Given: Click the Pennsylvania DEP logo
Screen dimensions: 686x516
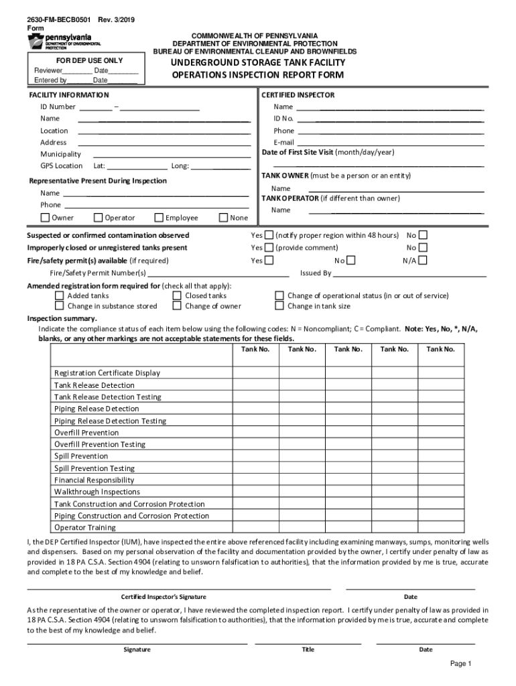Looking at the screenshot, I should coord(64,42).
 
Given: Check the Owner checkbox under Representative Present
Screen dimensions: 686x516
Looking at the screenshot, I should coord(45,218).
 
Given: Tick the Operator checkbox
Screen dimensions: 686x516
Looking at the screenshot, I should coord(98,218).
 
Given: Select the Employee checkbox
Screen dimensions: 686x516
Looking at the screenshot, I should coord(159,218).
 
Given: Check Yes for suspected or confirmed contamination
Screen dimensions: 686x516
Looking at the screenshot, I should coord(269,236).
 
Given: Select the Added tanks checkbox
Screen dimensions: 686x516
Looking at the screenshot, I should coord(59,295).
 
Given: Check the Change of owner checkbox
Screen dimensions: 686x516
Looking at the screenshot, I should coord(177,306).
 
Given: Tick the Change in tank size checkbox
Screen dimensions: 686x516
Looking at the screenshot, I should coord(279,306).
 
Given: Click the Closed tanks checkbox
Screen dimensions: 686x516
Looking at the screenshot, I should coord(177,295).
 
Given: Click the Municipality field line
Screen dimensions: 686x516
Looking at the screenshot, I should coord(164,155).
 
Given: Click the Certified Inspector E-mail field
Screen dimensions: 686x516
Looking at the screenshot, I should coord(390,143).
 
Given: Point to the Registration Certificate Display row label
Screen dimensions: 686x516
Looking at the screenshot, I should coord(107,373).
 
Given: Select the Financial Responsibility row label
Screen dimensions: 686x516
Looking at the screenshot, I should coord(94,480).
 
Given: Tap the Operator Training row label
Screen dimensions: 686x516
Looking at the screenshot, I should coord(84,528).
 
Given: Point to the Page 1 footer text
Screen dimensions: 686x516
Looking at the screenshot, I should coord(461,664).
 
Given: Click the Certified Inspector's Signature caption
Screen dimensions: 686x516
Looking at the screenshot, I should coord(164,597).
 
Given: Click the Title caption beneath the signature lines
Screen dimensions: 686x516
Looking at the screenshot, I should coord(308,649).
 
